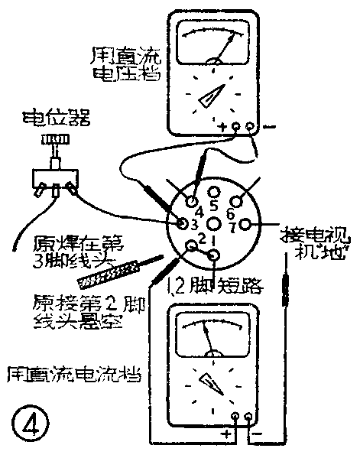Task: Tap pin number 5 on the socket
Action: tap(215, 190)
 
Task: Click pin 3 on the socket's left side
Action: tap(184, 224)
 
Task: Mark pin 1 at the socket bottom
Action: tap(215, 255)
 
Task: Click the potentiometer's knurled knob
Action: tap(53, 141)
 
